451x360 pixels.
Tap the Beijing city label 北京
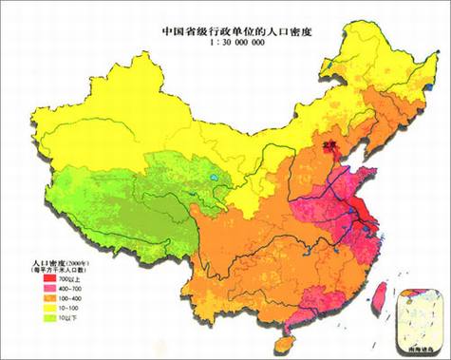329,144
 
